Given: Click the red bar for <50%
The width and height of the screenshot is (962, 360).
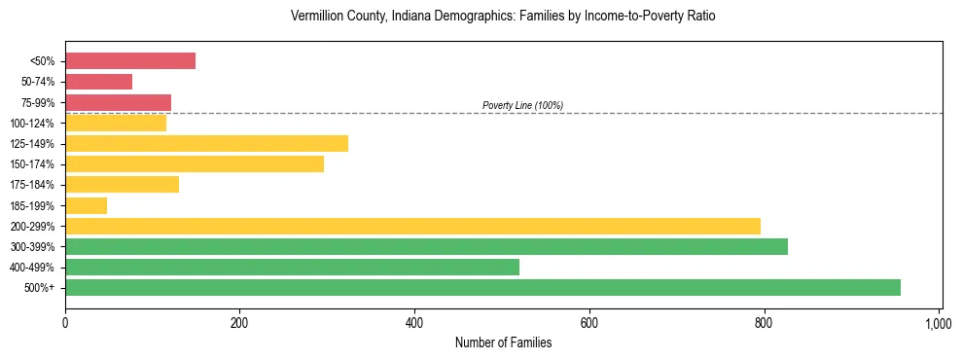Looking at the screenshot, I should (130, 61).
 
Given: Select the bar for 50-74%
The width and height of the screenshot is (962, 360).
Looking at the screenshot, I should (98, 82).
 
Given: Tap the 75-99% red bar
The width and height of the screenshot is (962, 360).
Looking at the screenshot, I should (118, 102).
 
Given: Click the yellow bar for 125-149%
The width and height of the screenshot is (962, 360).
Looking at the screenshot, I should (206, 144).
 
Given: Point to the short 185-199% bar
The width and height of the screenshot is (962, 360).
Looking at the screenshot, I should (86, 205).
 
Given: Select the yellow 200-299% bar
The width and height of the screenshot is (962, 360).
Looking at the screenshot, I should (412, 226).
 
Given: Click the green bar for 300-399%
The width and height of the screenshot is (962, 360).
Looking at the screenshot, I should (426, 246).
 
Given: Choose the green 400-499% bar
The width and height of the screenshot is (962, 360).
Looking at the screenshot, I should (292, 267).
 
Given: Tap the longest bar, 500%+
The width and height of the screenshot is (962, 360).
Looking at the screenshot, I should (482, 287).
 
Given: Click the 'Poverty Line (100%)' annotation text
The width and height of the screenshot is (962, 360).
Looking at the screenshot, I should (522, 105).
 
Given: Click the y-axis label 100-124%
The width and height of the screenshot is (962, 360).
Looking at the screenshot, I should (32, 124).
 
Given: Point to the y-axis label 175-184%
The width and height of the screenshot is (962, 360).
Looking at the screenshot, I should (32, 185).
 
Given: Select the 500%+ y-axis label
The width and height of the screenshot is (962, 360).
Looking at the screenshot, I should (40, 288).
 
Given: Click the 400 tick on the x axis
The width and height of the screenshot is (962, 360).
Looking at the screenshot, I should (414, 322).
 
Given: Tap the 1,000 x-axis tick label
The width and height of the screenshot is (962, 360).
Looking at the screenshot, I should (938, 322).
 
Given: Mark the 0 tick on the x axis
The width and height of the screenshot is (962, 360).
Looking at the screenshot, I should (65, 322).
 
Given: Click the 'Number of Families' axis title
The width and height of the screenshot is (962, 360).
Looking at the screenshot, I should (503, 342).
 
